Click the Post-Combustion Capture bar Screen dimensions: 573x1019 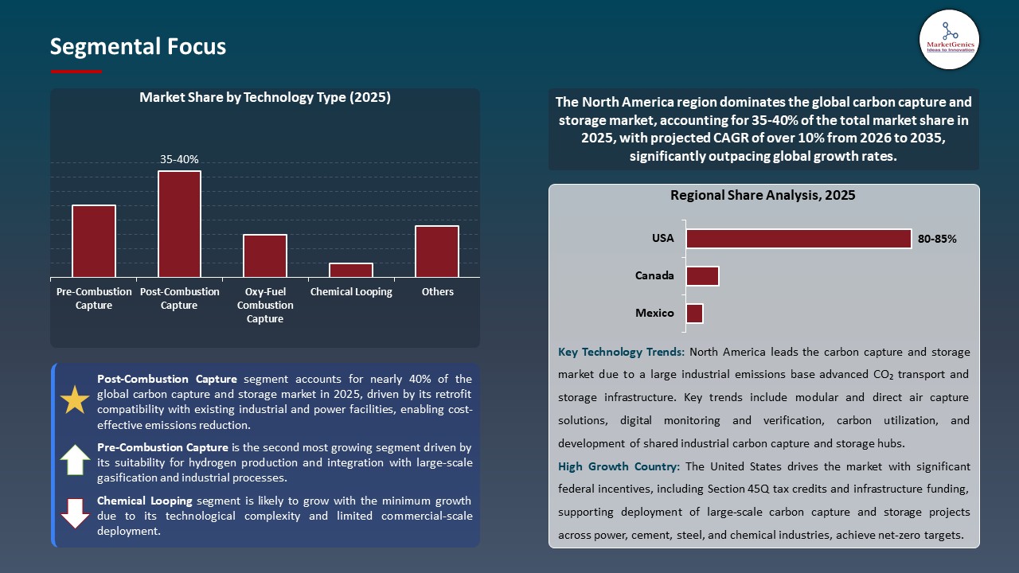point(179,224)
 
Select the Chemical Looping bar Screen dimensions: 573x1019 point(351,270)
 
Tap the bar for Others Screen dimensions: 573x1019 point(437,251)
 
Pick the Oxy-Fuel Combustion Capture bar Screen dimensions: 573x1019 point(265,255)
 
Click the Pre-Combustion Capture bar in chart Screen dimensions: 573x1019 point(94,241)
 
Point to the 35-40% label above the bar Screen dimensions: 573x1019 point(179,159)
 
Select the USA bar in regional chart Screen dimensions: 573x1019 point(798,239)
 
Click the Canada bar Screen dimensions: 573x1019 point(702,276)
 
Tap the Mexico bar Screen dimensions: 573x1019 point(694,314)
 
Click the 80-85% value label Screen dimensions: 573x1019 point(937,239)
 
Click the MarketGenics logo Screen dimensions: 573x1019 point(949,39)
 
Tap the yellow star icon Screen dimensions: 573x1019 point(75,400)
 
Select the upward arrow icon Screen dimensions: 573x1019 point(75,460)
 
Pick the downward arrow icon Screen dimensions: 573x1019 point(75,513)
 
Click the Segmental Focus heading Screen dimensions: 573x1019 point(138,47)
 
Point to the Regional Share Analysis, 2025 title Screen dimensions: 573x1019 point(763,195)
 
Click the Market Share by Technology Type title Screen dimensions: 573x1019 point(265,97)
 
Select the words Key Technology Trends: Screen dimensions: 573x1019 point(621,352)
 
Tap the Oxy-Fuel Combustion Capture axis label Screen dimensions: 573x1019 point(265,306)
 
